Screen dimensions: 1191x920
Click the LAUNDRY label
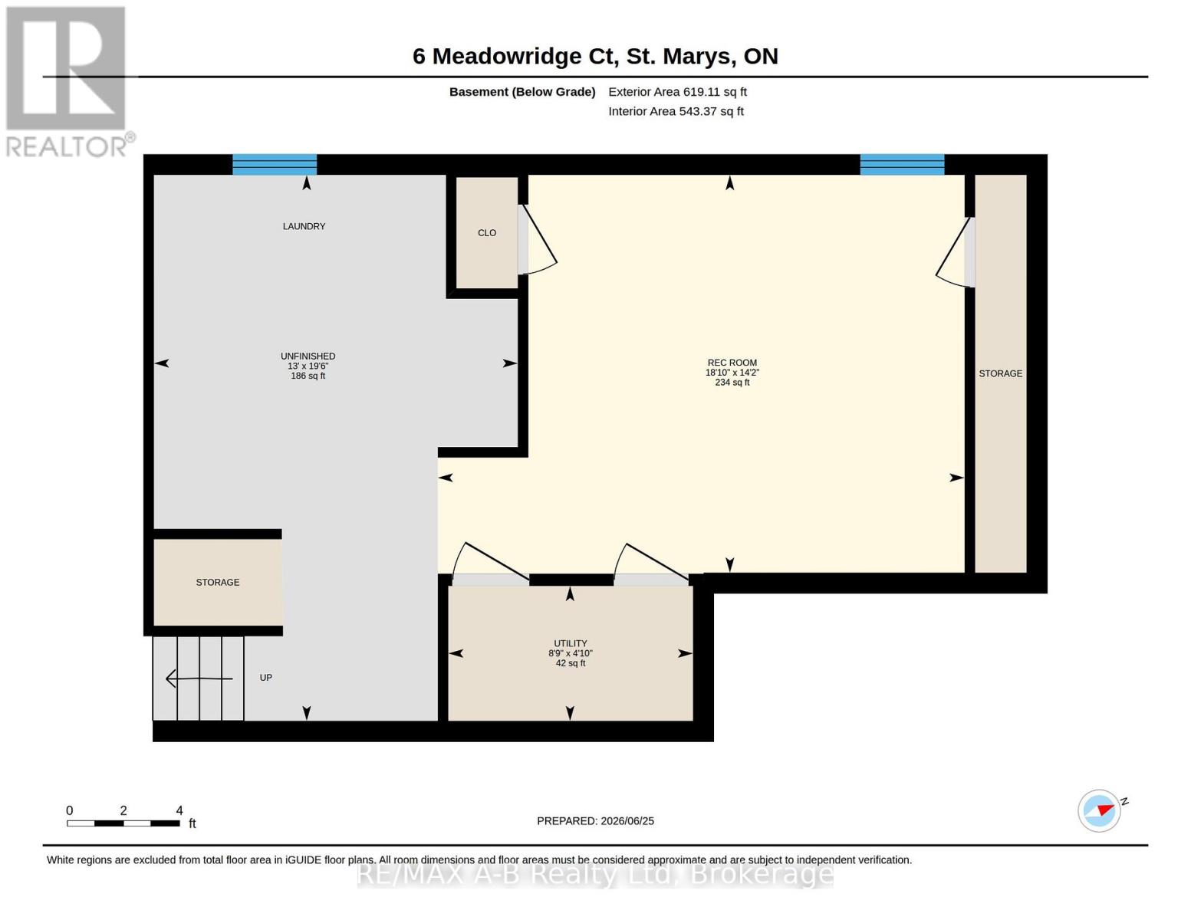pos(304,226)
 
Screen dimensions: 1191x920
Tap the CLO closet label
pos(487,233)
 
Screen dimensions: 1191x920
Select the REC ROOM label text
pos(732,363)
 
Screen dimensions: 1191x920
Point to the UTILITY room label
pos(570,643)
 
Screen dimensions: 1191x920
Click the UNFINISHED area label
pos(308,356)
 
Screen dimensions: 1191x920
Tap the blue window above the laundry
pos(275,164)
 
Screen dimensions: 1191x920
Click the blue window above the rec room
pos(902,164)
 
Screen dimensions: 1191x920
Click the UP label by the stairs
pos(266,678)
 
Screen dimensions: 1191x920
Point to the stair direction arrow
pos(199,679)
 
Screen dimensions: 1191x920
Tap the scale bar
pos(123,823)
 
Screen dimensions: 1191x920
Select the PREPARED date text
pos(595,821)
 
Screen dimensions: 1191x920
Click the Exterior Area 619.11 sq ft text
pos(677,92)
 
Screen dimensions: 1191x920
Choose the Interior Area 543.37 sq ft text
pos(676,111)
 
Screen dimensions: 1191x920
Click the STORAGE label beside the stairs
pos(218,583)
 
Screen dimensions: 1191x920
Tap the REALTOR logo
pos(68,82)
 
